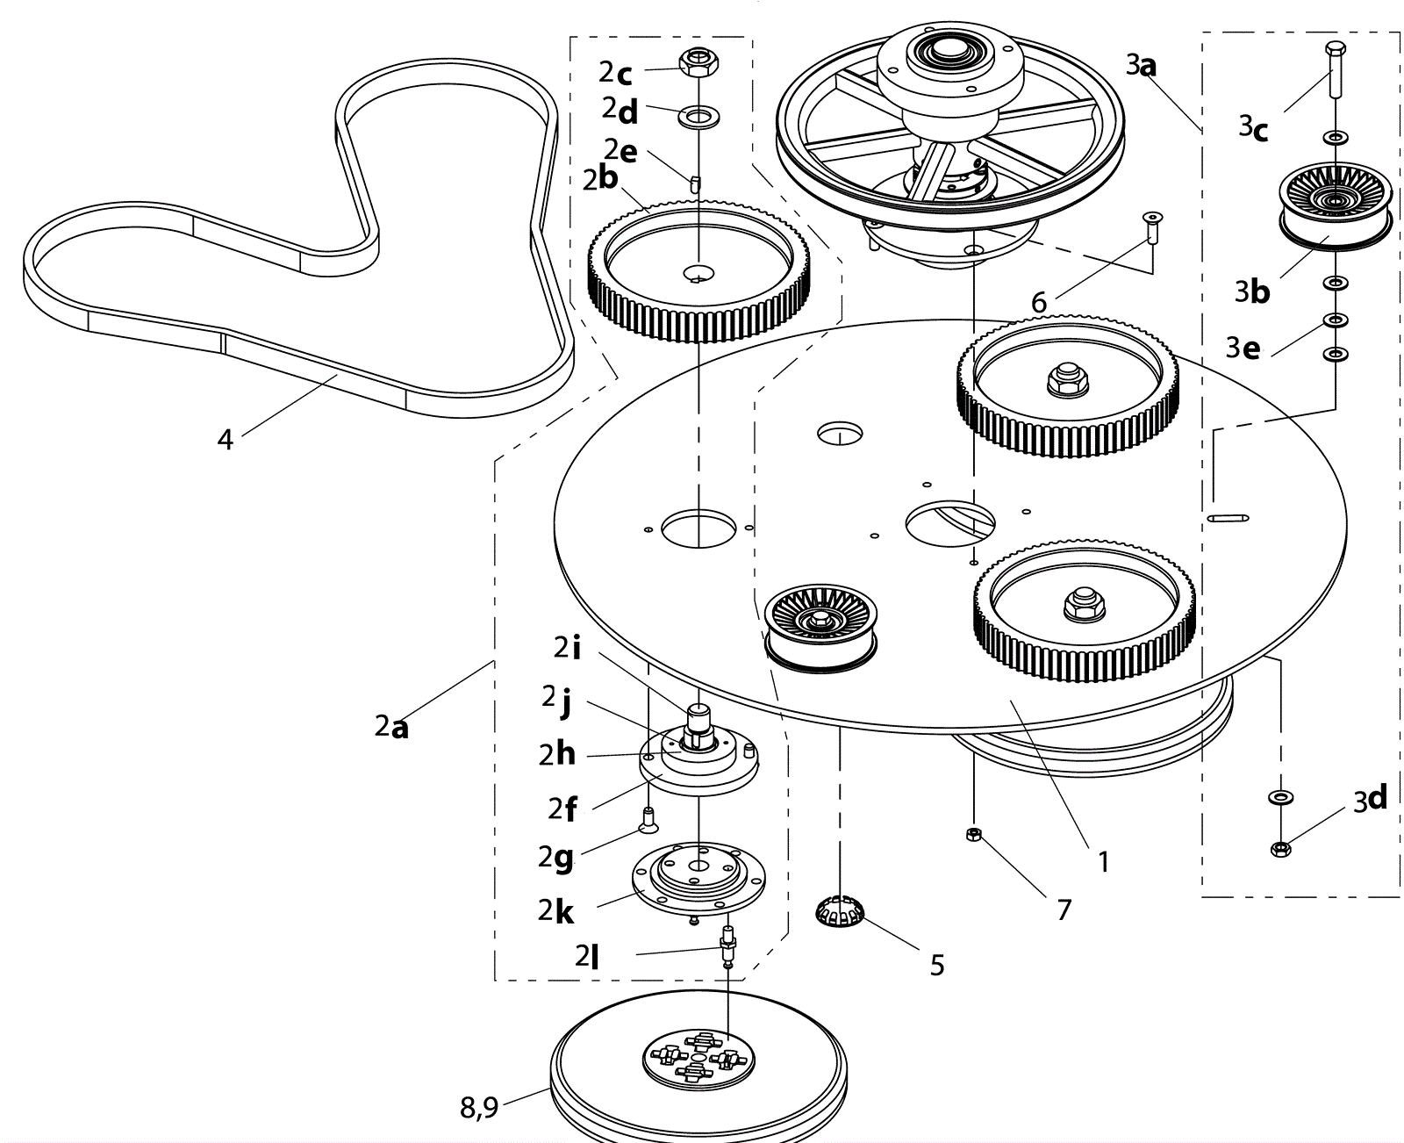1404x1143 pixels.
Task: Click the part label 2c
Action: click(x=616, y=72)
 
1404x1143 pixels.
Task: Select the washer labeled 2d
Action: click(x=698, y=116)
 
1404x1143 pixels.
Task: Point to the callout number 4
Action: click(x=226, y=439)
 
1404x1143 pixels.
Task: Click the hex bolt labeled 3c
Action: click(x=1335, y=69)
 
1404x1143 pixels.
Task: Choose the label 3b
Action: click(x=1252, y=291)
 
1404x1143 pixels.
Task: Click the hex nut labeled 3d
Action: click(x=1280, y=849)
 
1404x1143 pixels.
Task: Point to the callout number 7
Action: click(x=1064, y=909)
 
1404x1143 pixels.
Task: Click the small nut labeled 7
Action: click(x=973, y=834)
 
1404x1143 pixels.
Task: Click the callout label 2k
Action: click(x=556, y=911)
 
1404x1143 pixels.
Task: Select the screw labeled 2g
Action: click(x=648, y=820)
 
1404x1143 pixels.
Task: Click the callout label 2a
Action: click(x=391, y=727)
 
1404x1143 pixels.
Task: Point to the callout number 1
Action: click(x=1104, y=862)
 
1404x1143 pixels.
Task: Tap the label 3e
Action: click(x=1243, y=349)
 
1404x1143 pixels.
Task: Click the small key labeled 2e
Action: click(x=696, y=183)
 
